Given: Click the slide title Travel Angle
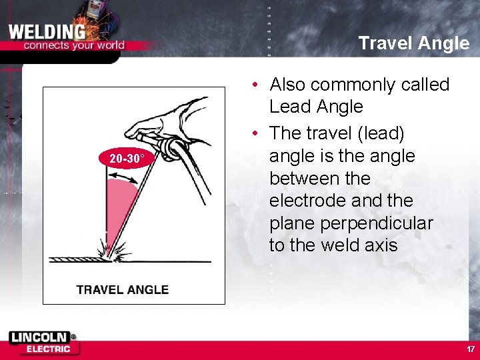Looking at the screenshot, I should [413, 43].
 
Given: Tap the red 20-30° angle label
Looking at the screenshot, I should [126, 158].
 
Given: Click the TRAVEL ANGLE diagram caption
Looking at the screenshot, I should [122, 289].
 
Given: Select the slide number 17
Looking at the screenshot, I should [471, 349].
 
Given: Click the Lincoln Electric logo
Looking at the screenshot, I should [43, 343].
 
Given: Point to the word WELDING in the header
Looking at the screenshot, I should [47, 32].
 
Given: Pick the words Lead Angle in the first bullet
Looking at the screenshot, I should [316, 107].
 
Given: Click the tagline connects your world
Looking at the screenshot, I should [73, 46].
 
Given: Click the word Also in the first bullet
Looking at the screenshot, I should [287, 85].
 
